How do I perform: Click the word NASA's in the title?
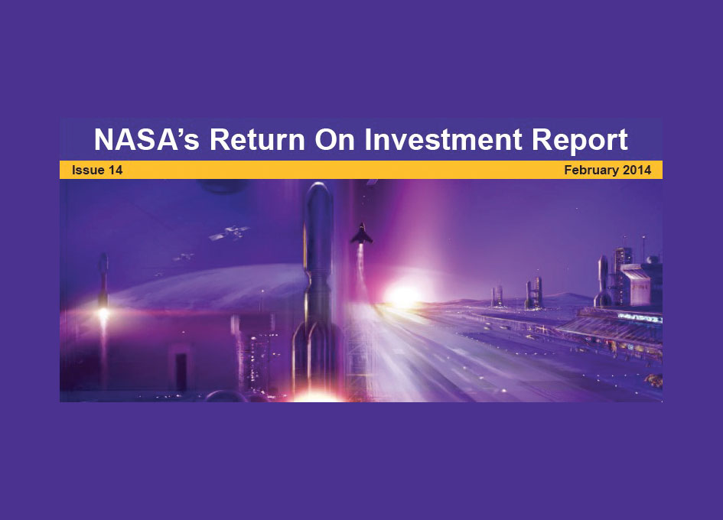pyautogui.click(x=147, y=139)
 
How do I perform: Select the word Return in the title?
pyautogui.click(x=257, y=139)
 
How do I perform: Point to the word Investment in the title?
pyautogui.click(x=443, y=139)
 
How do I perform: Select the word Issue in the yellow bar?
pyautogui.click(x=88, y=170)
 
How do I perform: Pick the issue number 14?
pyautogui.click(x=116, y=170)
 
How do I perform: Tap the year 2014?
pyautogui.click(x=637, y=170)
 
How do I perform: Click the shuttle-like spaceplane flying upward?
pyautogui.click(x=361, y=234)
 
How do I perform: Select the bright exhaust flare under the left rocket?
pyautogui.click(x=104, y=314)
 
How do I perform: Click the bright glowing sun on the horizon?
pyautogui.click(x=402, y=295)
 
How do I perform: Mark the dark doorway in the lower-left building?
pyautogui.click(x=181, y=372)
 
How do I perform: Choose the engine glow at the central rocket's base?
pyautogui.click(x=316, y=395)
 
